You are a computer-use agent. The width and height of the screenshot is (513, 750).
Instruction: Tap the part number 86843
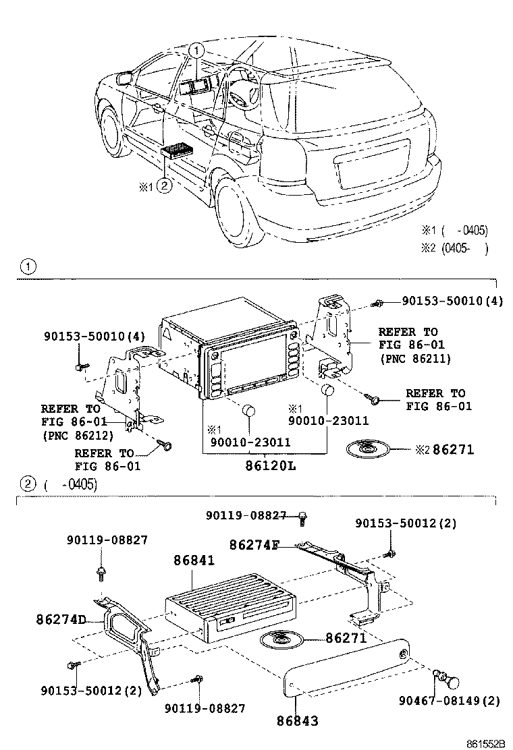(x=296, y=720)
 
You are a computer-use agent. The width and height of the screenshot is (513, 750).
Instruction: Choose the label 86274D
(x=61, y=618)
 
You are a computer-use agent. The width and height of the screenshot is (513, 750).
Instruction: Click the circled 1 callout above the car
(x=195, y=49)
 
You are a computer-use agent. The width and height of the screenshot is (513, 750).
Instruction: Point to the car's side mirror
(x=124, y=78)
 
